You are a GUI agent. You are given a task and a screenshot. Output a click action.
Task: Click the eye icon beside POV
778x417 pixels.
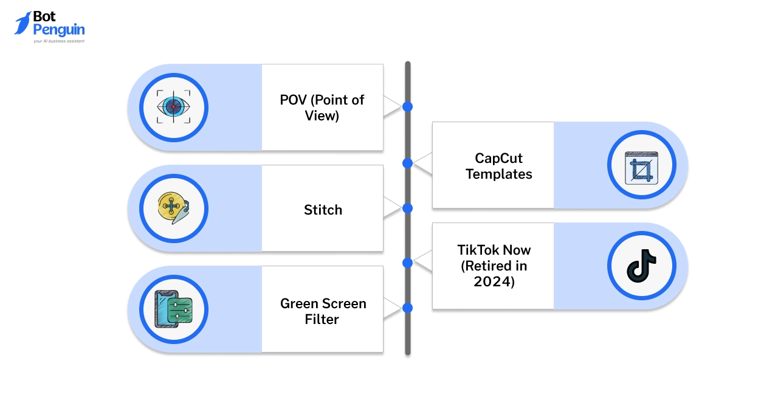point(173,107)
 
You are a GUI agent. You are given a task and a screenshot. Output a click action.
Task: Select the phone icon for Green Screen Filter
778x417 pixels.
point(173,309)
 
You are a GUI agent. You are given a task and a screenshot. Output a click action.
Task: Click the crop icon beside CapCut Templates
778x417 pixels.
point(641,165)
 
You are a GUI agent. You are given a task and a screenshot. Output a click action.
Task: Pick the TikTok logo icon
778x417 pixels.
point(641,266)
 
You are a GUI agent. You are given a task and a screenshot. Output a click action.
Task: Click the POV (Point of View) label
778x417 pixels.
point(322,108)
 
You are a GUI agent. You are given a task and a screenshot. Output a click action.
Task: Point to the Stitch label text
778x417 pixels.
point(323,210)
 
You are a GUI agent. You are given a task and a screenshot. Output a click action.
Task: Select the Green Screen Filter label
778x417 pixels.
point(323,311)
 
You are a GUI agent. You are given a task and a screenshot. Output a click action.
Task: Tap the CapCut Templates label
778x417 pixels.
point(498,166)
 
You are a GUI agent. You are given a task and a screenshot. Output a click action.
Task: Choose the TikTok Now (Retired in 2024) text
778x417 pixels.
point(494,266)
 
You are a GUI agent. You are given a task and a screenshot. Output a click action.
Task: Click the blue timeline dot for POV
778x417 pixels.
point(407,107)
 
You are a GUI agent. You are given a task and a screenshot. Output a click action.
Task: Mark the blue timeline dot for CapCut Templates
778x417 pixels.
point(407,163)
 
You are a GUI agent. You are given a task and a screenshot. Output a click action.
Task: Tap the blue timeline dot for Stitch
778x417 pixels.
point(407,208)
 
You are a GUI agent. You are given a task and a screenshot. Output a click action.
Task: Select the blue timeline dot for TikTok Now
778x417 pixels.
point(407,263)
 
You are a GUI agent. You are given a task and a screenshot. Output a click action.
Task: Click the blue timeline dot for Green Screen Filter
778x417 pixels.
point(407,308)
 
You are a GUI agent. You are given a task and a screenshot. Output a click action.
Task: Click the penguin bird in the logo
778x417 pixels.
point(22,23)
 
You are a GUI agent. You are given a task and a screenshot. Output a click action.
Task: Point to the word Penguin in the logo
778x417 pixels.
point(59,30)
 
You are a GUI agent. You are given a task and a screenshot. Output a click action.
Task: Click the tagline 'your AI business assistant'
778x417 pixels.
point(59,41)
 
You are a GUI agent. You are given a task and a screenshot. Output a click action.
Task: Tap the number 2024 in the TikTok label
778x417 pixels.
point(494,281)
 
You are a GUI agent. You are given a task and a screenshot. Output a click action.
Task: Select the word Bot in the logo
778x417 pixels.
point(46,16)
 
